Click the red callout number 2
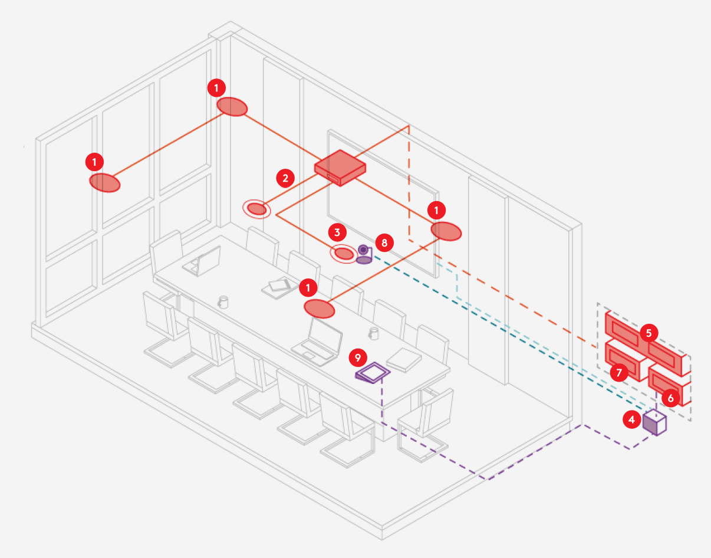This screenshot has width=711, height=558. click(285, 178)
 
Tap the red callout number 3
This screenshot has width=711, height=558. click(337, 232)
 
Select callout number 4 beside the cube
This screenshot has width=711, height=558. click(631, 419)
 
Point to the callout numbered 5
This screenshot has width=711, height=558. click(649, 333)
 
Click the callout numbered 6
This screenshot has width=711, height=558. click(670, 398)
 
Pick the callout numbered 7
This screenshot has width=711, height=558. click(618, 372)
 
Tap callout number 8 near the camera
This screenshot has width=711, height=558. click(384, 242)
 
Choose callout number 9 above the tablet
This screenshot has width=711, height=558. click(358, 356)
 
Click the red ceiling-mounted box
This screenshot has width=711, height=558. click(340, 168)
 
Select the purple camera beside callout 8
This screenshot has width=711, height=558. click(364, 254)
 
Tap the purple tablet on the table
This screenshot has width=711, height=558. click(373, 373)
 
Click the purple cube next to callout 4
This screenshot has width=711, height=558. click(654, 422)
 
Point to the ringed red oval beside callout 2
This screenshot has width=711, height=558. click(256, 209)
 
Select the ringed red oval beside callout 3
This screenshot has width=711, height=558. click(344, 254)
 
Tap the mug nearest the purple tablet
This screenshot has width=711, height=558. click(373, 334)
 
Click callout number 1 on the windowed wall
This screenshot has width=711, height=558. click(94, 160)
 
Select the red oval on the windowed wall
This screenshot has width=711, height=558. click(105, 183)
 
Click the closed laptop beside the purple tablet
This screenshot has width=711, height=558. click(404, 359)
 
